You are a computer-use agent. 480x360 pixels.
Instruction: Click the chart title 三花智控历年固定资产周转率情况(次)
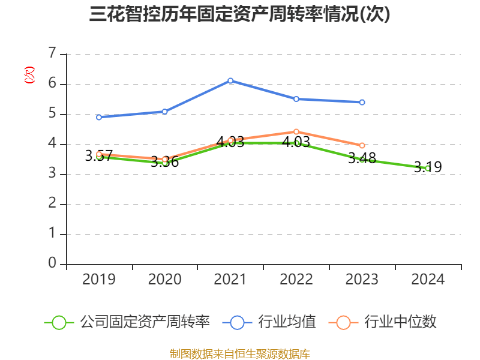coord(239,15)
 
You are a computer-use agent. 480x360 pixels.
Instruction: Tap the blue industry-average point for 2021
coord(230,80)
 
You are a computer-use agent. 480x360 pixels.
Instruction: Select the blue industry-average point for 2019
coord(99,117)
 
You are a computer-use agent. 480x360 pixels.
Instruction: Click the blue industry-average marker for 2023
coord(362,102)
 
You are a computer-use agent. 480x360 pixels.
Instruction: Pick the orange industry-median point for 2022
coord(296,131)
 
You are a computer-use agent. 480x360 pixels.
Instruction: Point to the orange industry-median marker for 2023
coord(362,145)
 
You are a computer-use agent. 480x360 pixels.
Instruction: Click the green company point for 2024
coord(428,168)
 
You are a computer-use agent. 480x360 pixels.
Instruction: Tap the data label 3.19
coord(428,167)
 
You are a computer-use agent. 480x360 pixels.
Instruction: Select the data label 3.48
coord(362,158)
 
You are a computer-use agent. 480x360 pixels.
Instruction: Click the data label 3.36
coord(164,162)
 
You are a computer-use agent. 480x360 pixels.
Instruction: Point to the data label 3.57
coord(99,156)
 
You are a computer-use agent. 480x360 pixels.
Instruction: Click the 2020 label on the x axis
coord(164,280)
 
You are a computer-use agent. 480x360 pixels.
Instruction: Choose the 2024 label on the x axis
coord(428,280)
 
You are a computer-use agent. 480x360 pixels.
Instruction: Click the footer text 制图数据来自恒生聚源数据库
coord(239,353)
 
